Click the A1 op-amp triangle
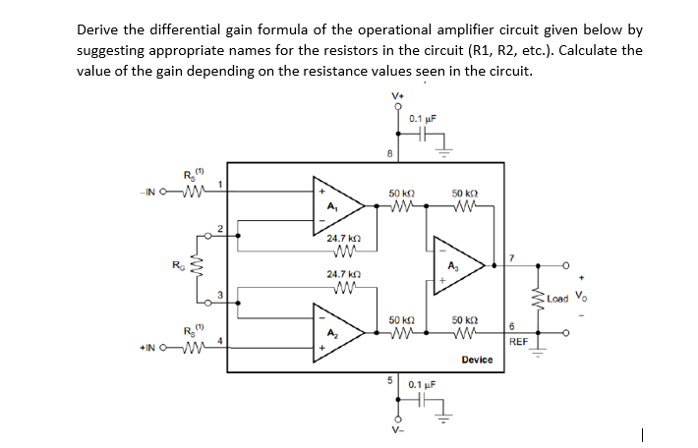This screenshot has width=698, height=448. (x=336, y=204)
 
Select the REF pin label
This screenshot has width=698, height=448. (x=520, y=343)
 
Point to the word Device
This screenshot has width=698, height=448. (x=477, y=361)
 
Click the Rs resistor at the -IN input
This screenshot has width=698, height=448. (x=186, y=190)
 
